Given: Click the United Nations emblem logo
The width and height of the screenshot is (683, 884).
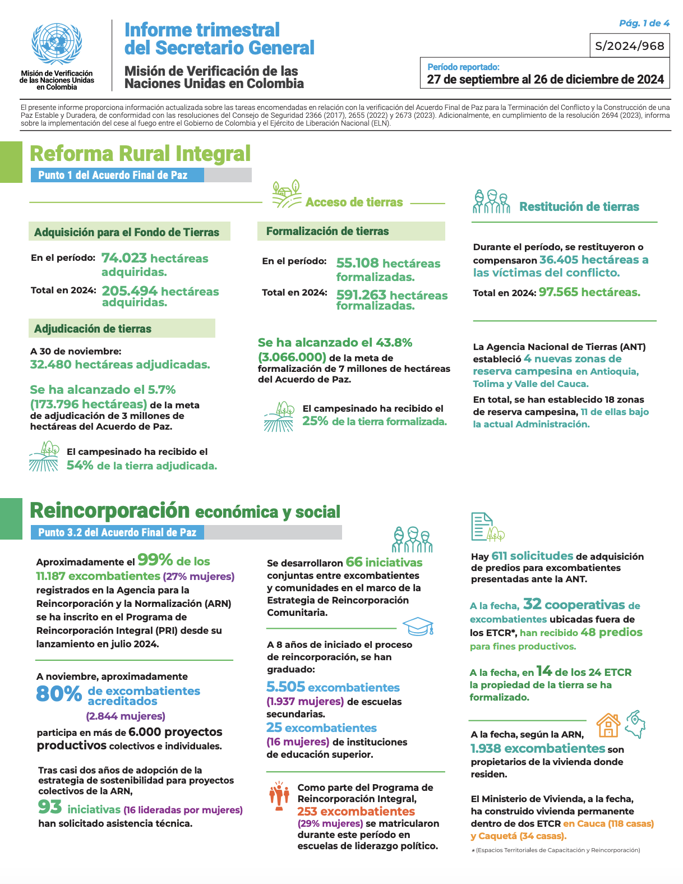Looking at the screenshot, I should pyautogui.click(x=57, y=44).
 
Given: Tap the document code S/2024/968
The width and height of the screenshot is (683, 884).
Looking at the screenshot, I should pyautogui.click(x=630, y=46).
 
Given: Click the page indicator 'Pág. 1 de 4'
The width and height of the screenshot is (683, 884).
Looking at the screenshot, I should pyautogui.click(x=644, y=23).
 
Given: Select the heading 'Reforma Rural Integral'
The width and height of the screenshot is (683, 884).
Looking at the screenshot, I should pyautogui.click(x=140, y=154).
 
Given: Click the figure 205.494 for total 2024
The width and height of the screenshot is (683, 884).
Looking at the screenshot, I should pyautogui.click(x=130, y=291).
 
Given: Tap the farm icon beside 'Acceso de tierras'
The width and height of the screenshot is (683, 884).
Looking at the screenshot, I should pyautogui.click(x=287, y=195).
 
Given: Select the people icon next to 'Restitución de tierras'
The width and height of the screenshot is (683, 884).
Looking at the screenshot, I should pyautogui.click(x=491, y=202).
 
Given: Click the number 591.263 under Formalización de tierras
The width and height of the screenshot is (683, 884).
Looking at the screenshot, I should pyautogui.click(x=361, y=295).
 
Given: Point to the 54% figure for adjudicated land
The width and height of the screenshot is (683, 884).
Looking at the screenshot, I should pyautogui.click(x=80, y=466).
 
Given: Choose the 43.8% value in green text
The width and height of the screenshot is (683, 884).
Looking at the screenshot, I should pyautogui.click(x=394, y=343).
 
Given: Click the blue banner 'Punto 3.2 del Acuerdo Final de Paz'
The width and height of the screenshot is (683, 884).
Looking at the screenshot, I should pyautogui.click(x=117, y=532).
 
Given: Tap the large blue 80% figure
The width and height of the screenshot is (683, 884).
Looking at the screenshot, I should pyautogui.click(x=59, y=694).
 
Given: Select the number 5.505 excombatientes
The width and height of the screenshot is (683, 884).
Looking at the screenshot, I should pyautogui.click(x=285, y=687).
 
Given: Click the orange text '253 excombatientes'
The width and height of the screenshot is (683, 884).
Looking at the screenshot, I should pyautogui.click(x=356, y=812).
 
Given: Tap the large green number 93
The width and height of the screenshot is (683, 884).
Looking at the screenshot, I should pyautogui.click(x=50, y=807).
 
